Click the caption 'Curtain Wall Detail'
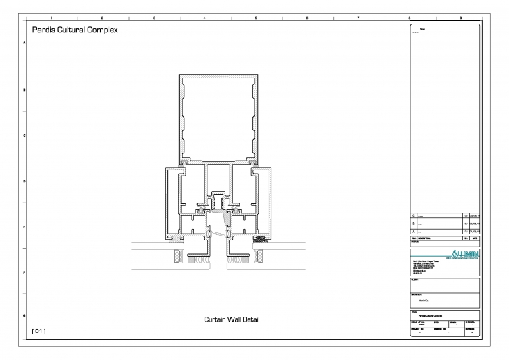pos(232,319)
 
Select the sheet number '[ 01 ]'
pos(38,331)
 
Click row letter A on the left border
pos(25,43)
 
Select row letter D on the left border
pos(25,180)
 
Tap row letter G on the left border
pos(25,316)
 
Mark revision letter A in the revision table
pos(414,232)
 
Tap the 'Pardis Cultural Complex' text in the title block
pos(433,315)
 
